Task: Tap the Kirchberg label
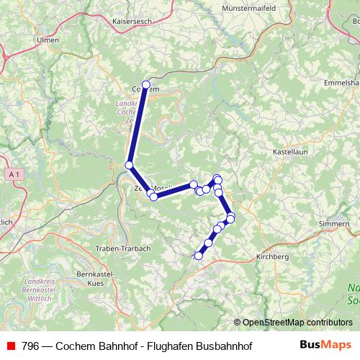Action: pyautogui.click(x=272, y=256)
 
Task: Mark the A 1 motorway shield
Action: pyautogui.click(x=15, y=174)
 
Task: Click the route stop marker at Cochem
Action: pyautogui.click(x=146, y=85)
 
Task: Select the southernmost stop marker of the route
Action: pyautogui.click(x=199, y=255)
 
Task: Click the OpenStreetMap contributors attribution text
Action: pyautogui.click(x=297, y=323)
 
